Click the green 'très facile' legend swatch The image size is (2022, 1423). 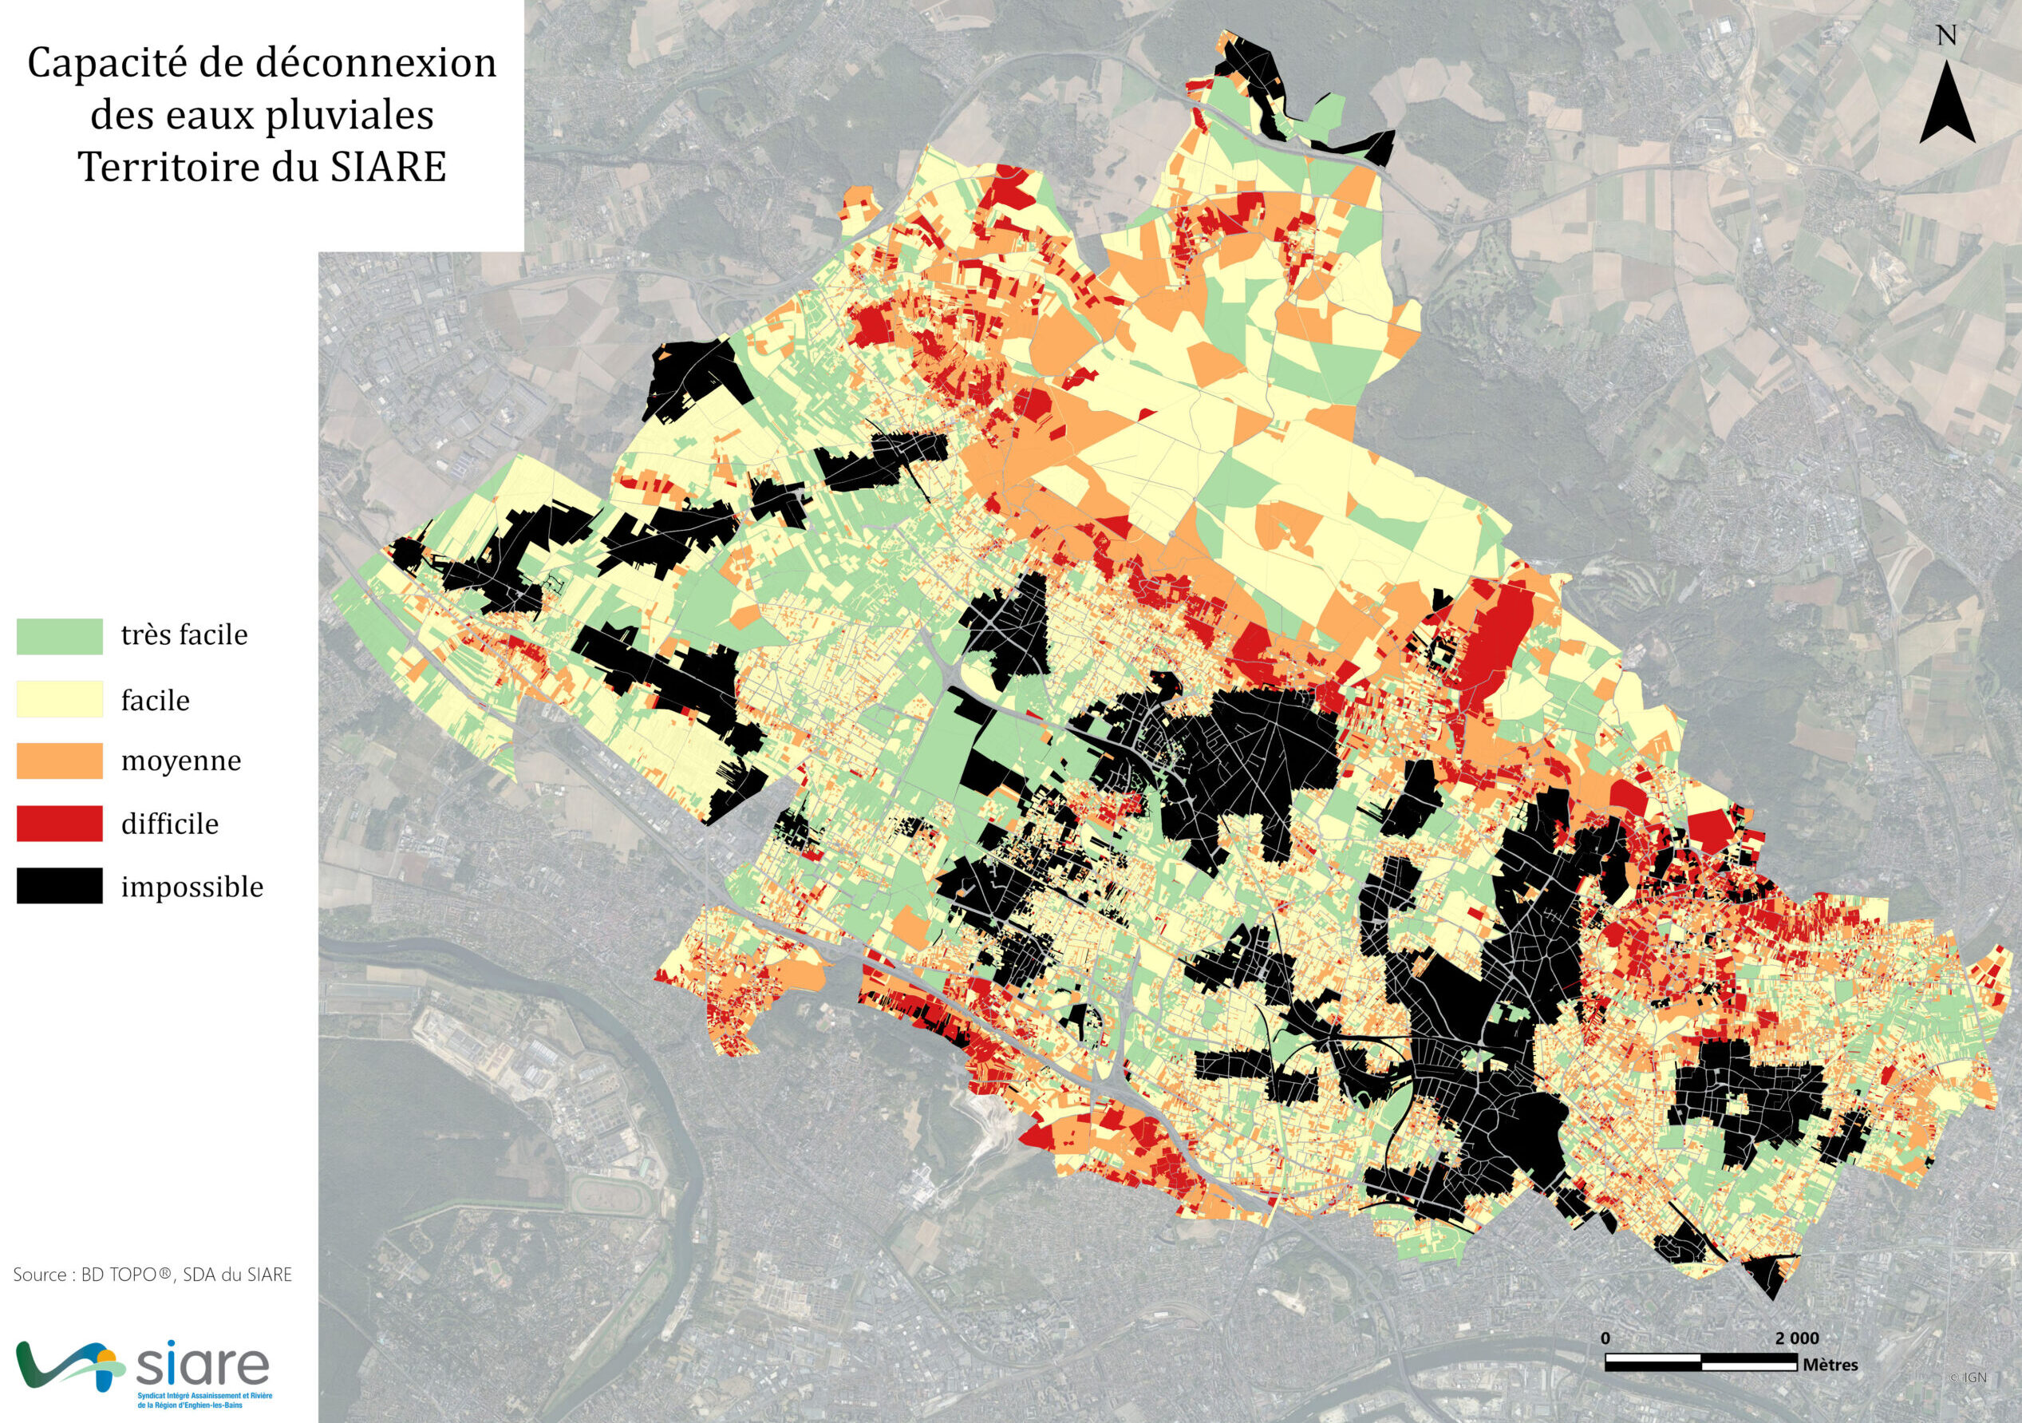(59, 637)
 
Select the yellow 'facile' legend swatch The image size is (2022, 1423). (59, 700)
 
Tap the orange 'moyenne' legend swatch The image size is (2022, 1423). (59, 761)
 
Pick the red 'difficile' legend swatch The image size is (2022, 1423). (59, 824)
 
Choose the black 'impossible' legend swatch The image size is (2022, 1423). (59, 886)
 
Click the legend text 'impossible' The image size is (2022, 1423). (192, 887)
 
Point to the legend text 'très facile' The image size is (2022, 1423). (184, 635)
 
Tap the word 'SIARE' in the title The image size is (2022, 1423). (388, 167)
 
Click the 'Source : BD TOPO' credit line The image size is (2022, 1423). (152, 1275)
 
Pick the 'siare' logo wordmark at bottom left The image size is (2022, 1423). (203, 1364)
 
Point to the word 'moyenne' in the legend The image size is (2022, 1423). (180, 761)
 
